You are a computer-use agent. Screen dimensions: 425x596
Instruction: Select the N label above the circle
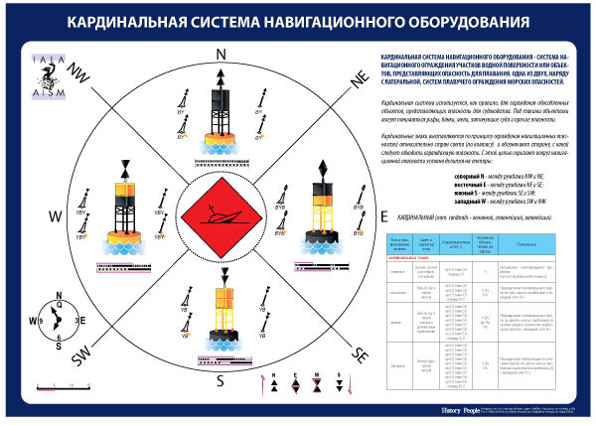pyautogui.click(x=222, y=54)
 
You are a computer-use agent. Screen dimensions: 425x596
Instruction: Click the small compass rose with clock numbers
pyautogui.click(x=57, y=320)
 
